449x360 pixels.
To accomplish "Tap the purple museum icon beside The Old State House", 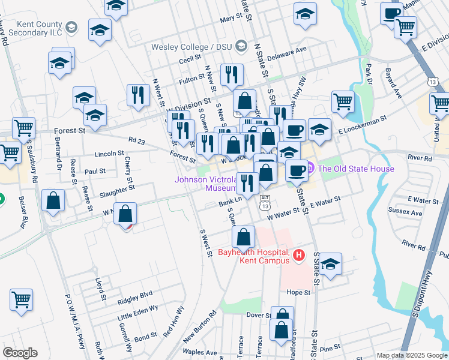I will [x=311, y=169].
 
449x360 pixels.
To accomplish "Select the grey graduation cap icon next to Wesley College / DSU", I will [x=241, y=46].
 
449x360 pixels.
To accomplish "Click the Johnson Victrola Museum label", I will [x=205, y=184].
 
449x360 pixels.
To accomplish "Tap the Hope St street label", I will [x=298, y=292].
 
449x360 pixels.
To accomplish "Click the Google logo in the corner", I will [x=20, y=352].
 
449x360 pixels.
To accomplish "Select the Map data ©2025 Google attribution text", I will [x=412, y=355].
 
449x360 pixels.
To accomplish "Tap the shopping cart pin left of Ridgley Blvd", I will [x=21, y=299].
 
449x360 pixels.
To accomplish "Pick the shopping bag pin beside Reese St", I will [x=53, y=201].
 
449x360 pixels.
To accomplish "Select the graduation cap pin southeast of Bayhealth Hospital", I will [x=330, y=264].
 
